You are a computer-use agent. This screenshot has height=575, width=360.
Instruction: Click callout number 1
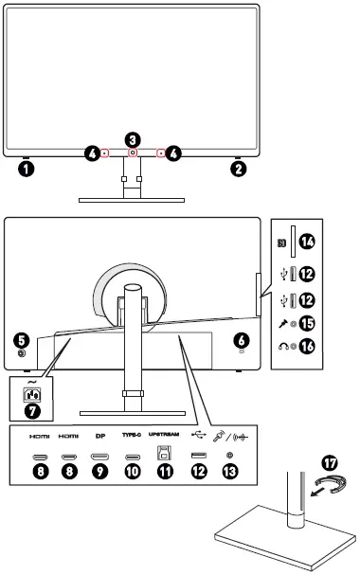point(27,171)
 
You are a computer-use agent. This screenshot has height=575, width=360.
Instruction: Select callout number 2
point(238,171)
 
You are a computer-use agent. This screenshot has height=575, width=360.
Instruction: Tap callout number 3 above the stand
point(133,139)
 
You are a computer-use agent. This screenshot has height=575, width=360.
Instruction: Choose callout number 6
point(242,338)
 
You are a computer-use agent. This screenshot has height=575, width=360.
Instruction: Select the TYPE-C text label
point(132,439)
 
